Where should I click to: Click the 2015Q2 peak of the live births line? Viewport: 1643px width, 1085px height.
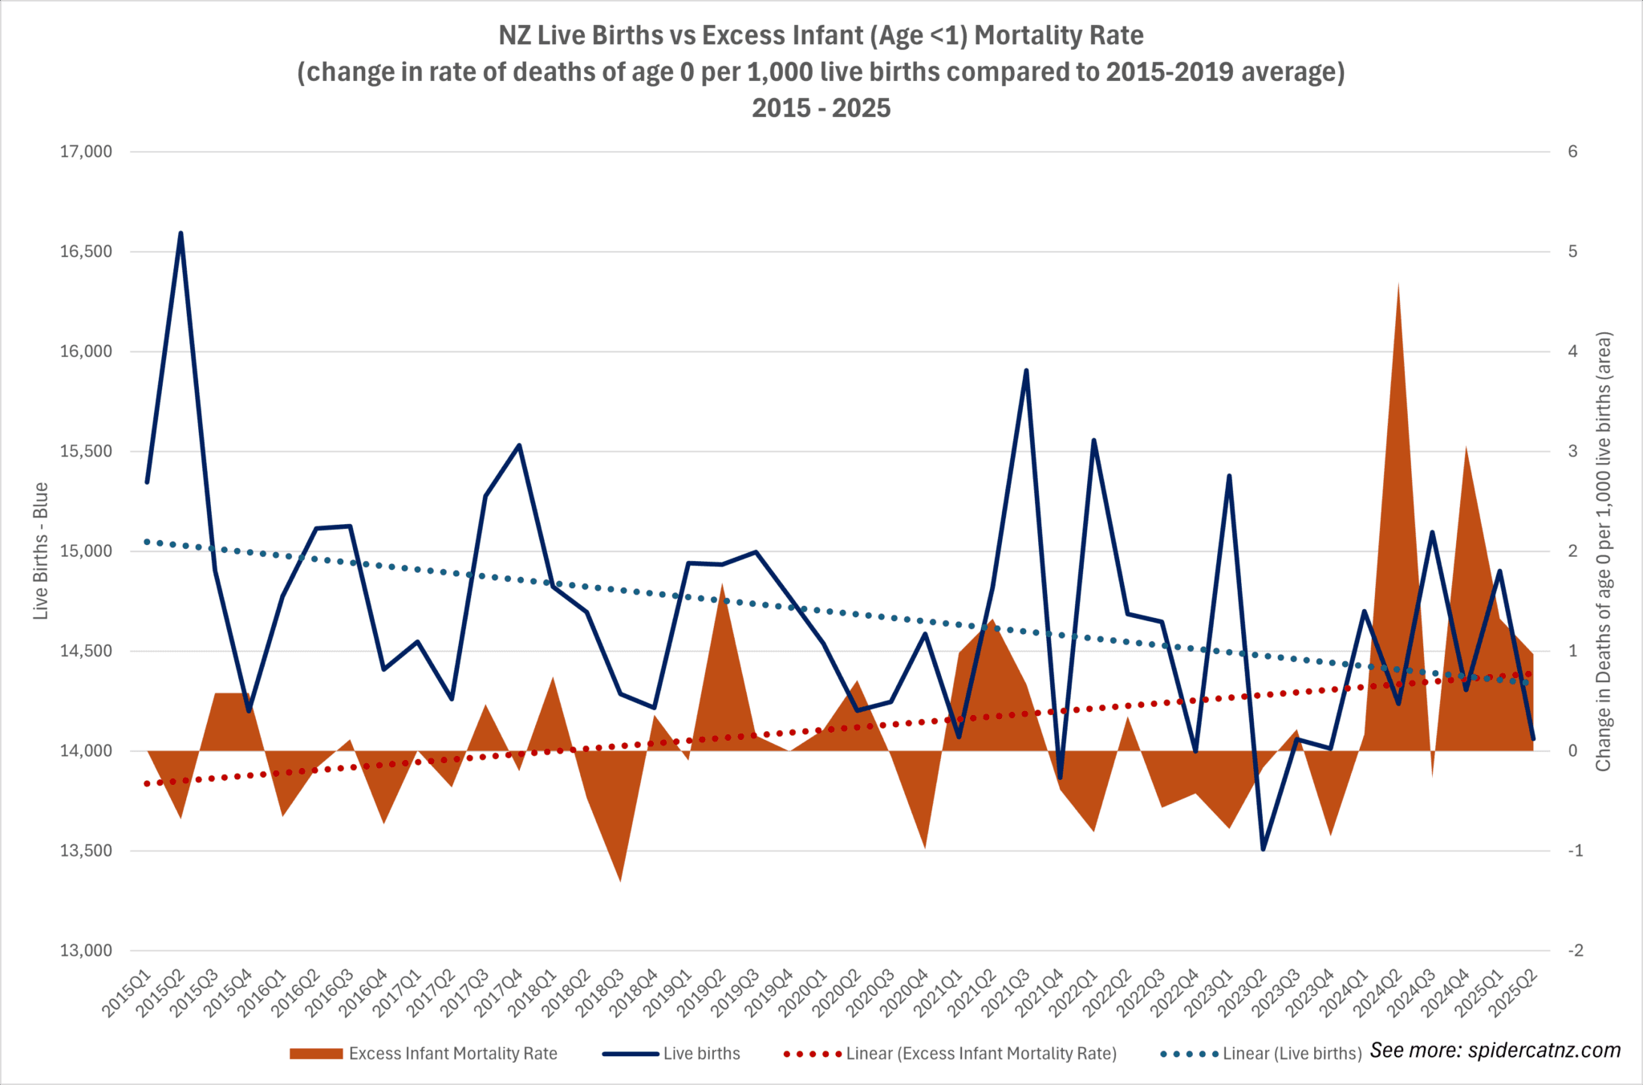181,234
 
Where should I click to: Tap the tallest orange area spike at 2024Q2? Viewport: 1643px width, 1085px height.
1398,285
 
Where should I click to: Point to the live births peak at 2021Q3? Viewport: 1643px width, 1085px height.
1026,371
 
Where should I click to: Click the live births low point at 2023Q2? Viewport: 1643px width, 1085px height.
1263,849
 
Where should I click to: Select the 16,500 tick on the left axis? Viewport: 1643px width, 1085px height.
86,252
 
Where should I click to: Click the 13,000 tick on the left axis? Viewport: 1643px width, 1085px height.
86,951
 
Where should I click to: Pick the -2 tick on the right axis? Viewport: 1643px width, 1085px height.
1576,951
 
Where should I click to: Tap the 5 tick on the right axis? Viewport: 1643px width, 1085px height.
1572,252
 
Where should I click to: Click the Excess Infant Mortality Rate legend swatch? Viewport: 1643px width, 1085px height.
316,1054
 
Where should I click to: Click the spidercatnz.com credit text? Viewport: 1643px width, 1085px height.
1495,1050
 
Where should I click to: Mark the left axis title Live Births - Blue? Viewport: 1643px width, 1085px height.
41,551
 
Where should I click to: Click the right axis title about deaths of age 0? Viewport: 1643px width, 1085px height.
1603,551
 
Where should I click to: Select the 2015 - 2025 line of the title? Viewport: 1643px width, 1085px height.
821,108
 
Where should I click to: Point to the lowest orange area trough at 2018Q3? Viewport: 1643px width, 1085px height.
620,880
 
